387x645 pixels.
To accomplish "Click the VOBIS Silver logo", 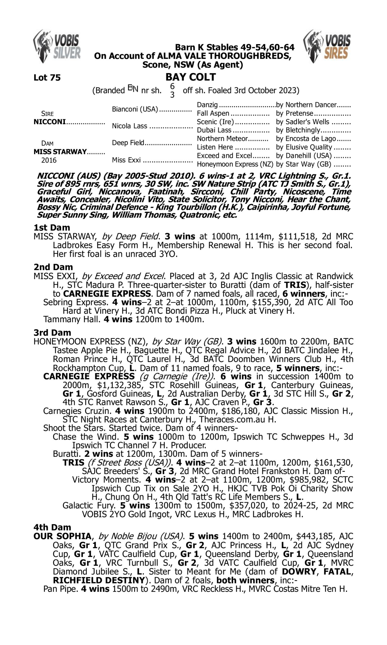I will (57, 46).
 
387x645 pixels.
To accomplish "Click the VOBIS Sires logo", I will (327, 46).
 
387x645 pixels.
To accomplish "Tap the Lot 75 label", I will (47, 78).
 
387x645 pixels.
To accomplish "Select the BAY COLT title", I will (190, 77).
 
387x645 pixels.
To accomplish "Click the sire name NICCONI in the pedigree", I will (50, 122).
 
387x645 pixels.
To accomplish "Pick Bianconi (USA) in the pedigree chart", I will (135, 109).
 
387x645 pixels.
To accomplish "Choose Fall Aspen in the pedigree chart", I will (213, 114).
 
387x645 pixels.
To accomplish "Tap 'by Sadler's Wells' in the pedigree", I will (303, 122).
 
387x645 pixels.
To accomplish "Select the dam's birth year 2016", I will (49, 160).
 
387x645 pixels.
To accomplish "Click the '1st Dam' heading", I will (52, 228).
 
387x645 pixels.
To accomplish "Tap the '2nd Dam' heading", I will (53, 267).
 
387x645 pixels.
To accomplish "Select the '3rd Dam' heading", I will (52, 333).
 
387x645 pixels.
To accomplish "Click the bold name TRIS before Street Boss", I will (73, 463).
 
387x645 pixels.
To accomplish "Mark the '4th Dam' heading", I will (52, 527).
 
